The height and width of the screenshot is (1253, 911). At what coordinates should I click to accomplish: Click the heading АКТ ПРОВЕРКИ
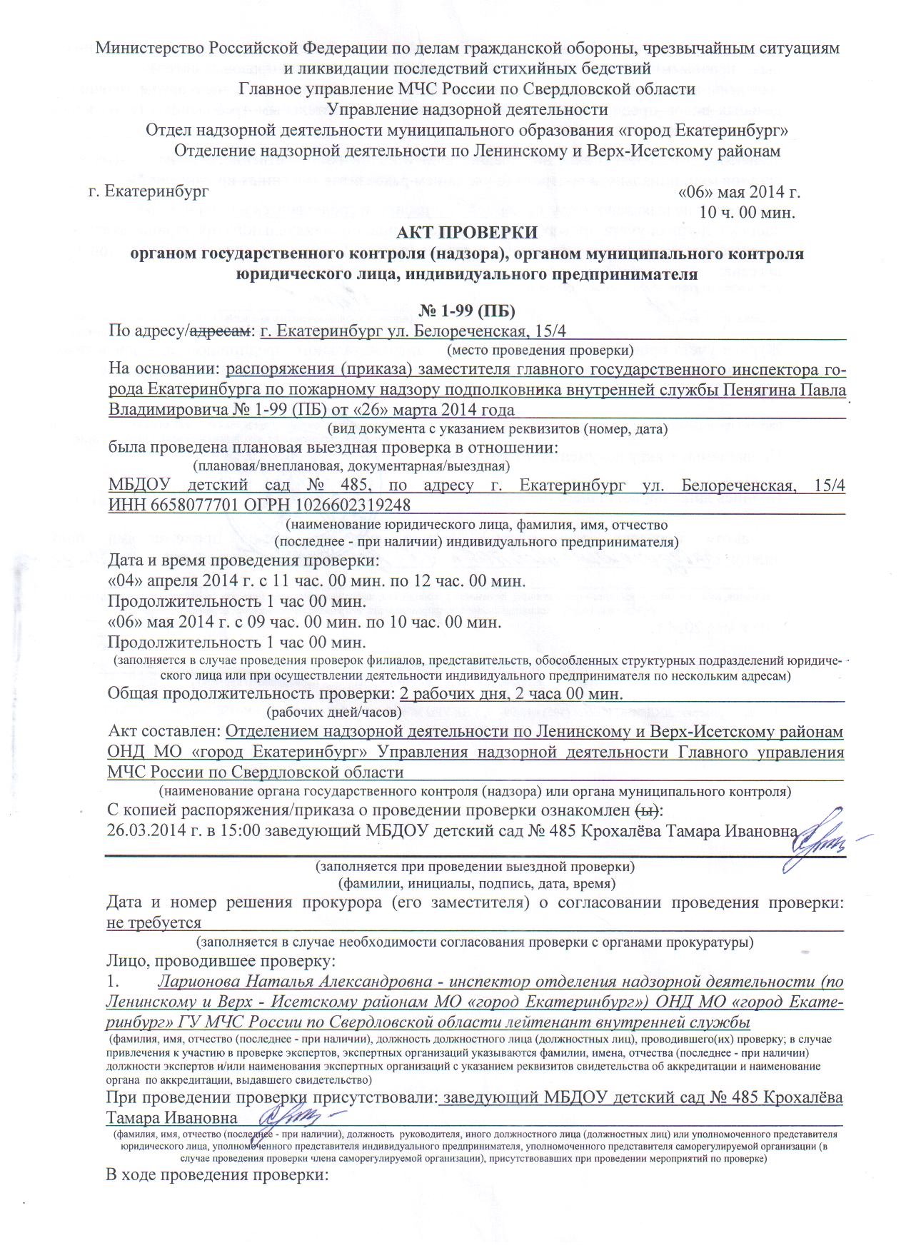(467, 233)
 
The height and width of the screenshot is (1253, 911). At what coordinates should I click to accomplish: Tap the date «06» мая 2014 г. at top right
(739, 192)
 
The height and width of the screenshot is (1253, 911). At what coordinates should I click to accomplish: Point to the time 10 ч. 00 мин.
(747, 212)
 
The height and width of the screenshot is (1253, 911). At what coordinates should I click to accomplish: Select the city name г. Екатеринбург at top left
(149, 191)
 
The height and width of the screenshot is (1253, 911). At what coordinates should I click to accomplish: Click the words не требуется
(154, 923)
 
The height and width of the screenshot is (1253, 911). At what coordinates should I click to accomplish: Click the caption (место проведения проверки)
(540, 351)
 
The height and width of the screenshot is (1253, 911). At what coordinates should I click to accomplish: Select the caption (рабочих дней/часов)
(333, 712)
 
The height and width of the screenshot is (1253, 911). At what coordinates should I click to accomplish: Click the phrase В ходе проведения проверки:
(217, 1174)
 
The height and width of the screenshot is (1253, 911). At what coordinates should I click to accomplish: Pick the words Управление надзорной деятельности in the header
(468, 110)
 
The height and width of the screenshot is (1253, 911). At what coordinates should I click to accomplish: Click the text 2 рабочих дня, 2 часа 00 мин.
(511, 694)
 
